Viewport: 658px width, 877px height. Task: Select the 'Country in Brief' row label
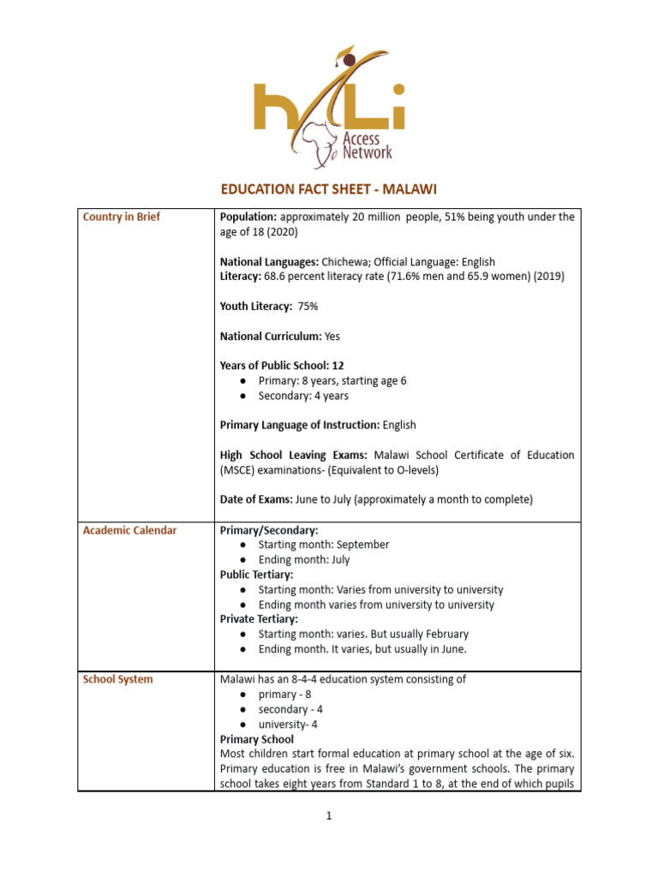[x=121, y=218]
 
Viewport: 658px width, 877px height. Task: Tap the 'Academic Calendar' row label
[x=129, y=530]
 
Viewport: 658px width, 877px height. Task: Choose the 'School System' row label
[x=118, y=679]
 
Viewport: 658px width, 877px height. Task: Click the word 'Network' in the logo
[x=367, y=152]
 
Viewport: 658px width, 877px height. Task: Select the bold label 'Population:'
[x=248, y=218]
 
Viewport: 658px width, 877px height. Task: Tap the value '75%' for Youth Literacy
[x=308, y=306]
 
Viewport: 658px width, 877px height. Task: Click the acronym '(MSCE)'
[x=239, y=468]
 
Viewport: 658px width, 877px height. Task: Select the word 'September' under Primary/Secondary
[x=362, y=545]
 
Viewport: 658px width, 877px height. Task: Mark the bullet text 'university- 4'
[x=288, y=725]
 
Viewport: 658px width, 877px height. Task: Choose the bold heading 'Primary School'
[x=257, y=739]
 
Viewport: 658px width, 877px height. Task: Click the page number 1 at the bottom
[x=328, y=816]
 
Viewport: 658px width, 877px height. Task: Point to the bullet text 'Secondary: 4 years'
[x=303, y=396]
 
